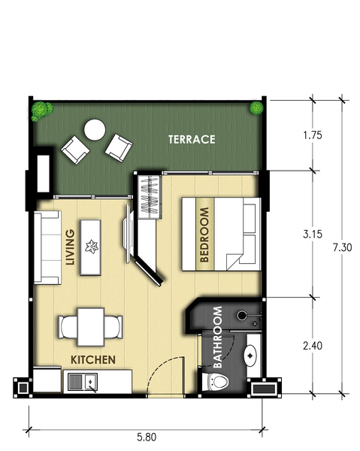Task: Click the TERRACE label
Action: (x=192, y=140)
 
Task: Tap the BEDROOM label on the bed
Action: (x=204, y=235)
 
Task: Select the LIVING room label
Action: (x=70, y=247)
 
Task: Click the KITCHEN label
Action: (x=93, y=360)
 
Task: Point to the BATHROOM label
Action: (x=218, y=337)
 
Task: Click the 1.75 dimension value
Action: (x=313, y=135)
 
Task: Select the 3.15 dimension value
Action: (x=313, y=234)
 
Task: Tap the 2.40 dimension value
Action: (x=313, y=346)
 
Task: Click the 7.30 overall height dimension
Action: (x=343, y=247)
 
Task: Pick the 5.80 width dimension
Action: (x=147, y=437)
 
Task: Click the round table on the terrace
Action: (x=95, y=130)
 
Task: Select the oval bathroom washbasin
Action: (x=250, y=356)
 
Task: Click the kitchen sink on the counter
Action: (x=83, y=382)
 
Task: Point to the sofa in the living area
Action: (x=47, y=247)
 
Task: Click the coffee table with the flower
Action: (x=91, y=247)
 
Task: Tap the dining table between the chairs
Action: (x=91, y=327)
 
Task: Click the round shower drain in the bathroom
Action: (x=241, y=315)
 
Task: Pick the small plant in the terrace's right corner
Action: (x=256, y=108)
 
